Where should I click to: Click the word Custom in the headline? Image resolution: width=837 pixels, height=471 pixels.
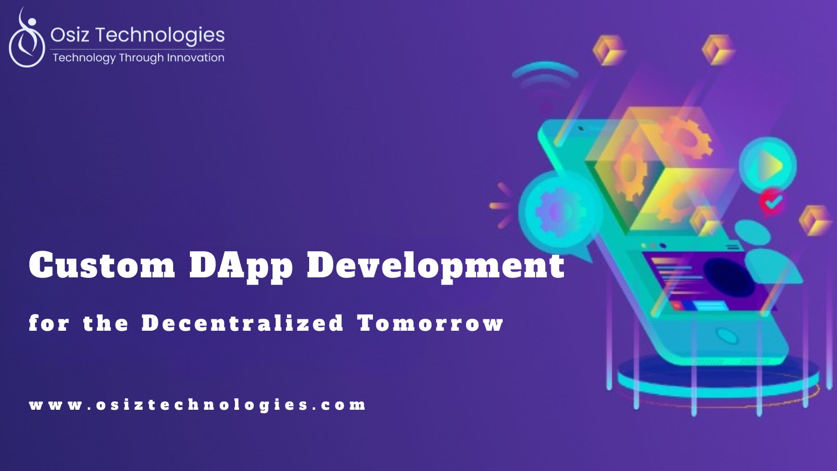pos(102,265)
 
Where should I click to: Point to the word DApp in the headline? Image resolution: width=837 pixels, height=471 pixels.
pos(241,267)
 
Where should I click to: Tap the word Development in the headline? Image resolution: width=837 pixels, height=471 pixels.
pos(436,267)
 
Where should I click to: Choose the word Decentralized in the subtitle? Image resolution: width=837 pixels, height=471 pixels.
pos(243,323)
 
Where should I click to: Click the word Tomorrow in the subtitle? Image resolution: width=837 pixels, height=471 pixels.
pos(430,323)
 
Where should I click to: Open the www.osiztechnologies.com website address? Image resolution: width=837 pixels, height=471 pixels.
pos(197,406)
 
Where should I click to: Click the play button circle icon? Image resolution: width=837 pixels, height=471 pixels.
pos(767,165)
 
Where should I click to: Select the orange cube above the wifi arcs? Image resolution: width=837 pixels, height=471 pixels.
pos(609,50)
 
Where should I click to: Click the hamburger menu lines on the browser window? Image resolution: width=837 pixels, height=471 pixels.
pos(733,246)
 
